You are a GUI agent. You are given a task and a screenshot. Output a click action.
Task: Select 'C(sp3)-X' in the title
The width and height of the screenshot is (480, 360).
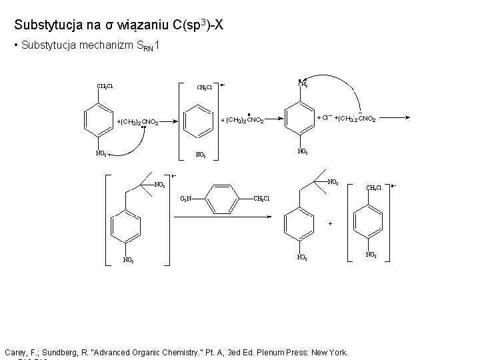[x=203, y=25]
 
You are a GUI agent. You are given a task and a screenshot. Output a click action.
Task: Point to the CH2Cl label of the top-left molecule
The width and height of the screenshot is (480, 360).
[x=105, y=86]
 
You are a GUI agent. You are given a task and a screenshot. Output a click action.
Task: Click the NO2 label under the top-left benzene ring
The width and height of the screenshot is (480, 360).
[x=102, y=153]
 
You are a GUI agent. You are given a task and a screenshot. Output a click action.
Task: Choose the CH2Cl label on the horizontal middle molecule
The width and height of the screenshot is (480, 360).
[x=262, y=199]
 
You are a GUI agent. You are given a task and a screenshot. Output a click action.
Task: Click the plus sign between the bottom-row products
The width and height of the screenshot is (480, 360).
[x=329, y=224]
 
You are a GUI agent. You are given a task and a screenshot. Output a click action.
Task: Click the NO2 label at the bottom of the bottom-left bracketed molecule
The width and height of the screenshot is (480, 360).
[x=128, y=260]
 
